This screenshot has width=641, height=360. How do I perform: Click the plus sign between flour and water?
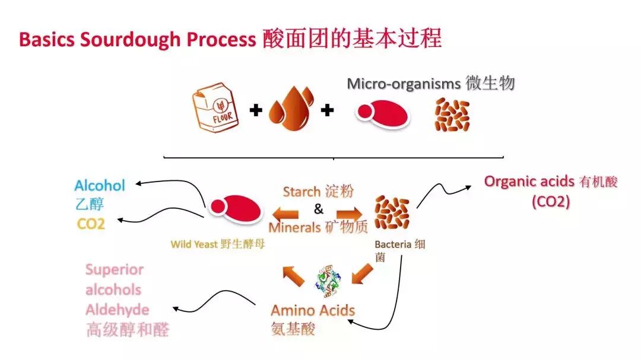pyautogui.click(x=256, y=110)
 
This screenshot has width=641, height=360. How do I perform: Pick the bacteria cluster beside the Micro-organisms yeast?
pyautogui.click(x=452, y=114)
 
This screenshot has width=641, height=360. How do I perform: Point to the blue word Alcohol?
pyautogui.click(x=100, y=186)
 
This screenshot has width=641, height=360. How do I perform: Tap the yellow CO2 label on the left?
pyautogui.click(x=90, y=224)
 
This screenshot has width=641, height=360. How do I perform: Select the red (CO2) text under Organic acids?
pyautogui.click(x=550, y=202)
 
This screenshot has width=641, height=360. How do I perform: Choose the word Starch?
pyautogui.click(x=302, y=192)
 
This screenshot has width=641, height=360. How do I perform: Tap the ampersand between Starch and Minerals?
pyautogui.click(x=319, y=209)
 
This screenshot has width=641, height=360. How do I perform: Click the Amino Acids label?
pyautogui.click(x=312, y=310)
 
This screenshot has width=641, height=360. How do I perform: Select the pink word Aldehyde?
pyautogui.click(x=117, y=310)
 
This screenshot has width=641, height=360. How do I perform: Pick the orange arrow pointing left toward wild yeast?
pyautogui.click(x=285, y=213)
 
